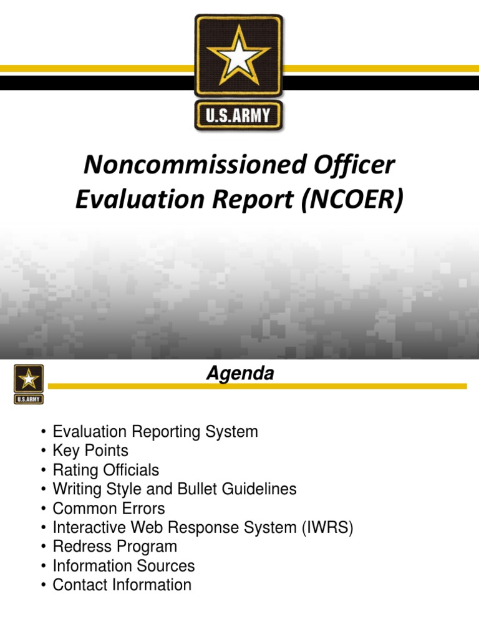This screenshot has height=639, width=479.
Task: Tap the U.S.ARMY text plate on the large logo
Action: click(239, 117)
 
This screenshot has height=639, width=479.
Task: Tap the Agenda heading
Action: click(240, 374)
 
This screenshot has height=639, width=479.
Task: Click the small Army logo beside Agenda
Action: click(29, 384)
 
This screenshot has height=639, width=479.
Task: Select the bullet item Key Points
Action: click(90, 451)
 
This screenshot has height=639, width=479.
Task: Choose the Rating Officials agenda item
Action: click(105, 470)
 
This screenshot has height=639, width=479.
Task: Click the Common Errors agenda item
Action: click(109, 508)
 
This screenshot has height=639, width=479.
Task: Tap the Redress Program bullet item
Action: click(115, 547)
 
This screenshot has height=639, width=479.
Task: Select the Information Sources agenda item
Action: click(123, 566)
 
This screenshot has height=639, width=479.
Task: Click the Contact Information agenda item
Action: click(122, 585)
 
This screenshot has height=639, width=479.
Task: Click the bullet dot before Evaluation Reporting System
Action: click(42, 432)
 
